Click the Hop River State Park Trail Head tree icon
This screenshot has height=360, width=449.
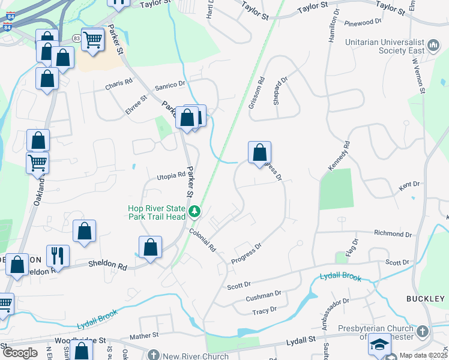coord(194,211)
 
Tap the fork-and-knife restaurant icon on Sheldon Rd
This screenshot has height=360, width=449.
coord(58,255)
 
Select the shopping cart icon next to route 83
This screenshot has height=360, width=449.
coord(93,40)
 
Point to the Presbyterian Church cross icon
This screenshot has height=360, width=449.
coord(423,331)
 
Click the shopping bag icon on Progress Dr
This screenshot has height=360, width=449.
coord(259,152)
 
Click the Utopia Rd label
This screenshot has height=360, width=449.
coord(171,175)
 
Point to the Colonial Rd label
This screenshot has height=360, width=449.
coord(202,239)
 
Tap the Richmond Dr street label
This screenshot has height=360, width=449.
coord(393,233)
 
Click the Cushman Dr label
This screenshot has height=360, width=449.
coord(264,296)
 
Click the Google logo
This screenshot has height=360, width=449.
coord(20,352)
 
